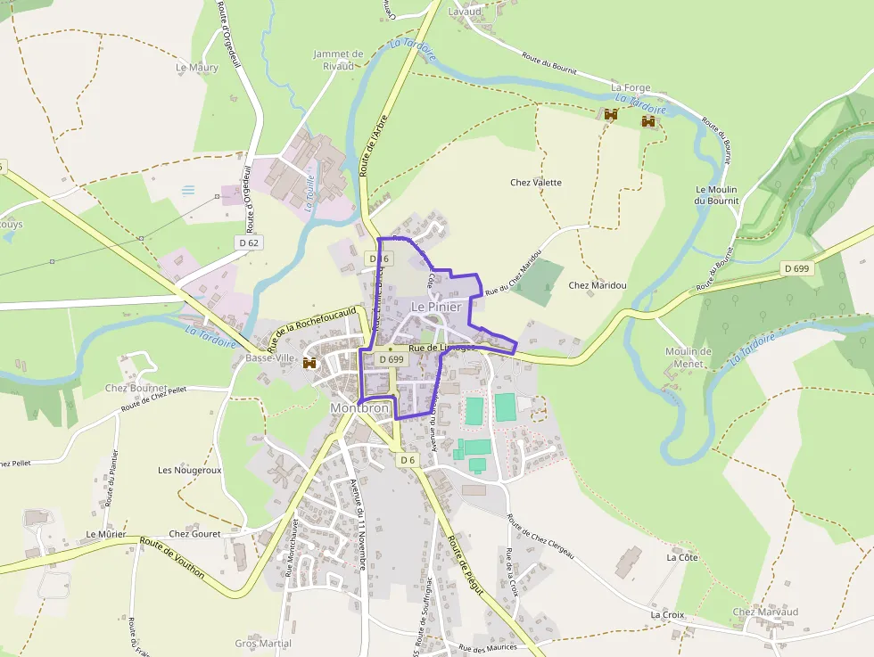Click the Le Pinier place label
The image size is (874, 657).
(x=436, y=307)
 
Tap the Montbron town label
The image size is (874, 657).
(x=360, y=407)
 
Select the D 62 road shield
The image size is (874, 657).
(x=249, y=242)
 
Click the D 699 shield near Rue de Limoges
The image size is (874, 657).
(x=392, y=359)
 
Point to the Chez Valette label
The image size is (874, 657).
(x=536, y=183)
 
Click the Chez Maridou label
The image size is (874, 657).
(x=598, y=285)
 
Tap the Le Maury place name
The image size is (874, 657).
(x=197, y=67)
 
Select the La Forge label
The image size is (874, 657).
(x=631, y=88)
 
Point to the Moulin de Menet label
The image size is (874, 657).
(x=688, y=357)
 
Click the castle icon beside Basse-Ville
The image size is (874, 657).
(x=310, y=363)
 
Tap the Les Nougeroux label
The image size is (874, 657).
(x=189, y=470)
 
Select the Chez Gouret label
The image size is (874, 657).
(x=194, y=534)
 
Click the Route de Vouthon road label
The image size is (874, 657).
(x=171, y=559)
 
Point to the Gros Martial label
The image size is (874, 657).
(x=263, y=644)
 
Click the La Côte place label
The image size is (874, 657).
(x=682, y=557)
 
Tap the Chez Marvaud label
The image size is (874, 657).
(x=764, y=612)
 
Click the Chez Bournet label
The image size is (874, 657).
(x=136, y=389)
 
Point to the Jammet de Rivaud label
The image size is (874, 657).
(x=338, y=59)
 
